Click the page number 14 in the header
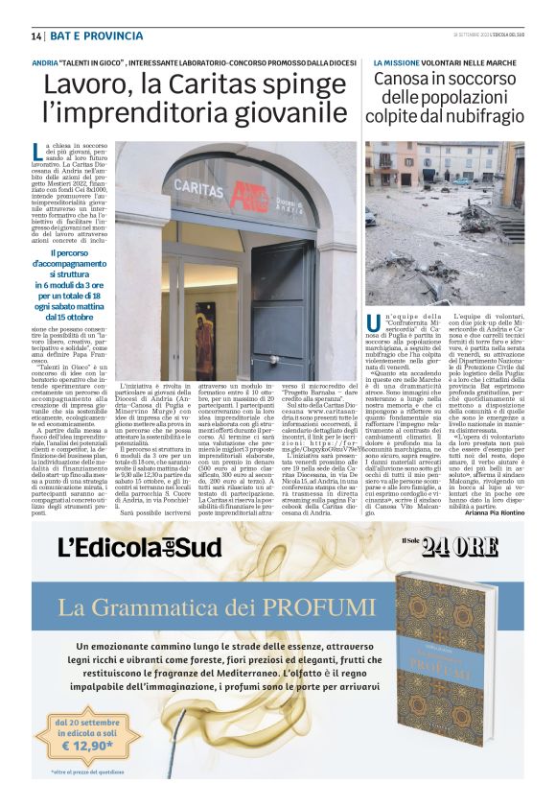[x=36, y=36]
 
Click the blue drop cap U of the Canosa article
[x=373, y=323]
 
